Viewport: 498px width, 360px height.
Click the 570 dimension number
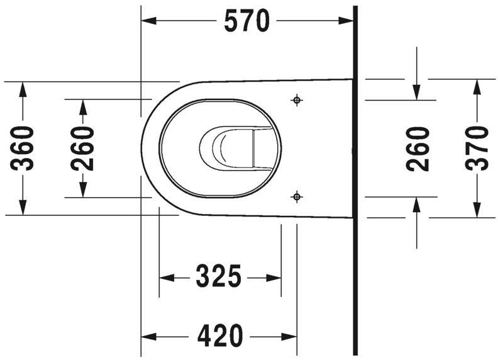(x=246, y=21)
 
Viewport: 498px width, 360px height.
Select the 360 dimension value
(x=22, y=148)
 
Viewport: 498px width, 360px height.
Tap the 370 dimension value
(x=477, y=148)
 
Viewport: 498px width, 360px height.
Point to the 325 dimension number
(x=219, y=276)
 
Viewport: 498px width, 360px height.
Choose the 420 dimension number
(x=220, y=336)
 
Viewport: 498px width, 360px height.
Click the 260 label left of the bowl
(x=82, y=148)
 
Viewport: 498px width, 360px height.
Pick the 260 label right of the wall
(x=418, y=149)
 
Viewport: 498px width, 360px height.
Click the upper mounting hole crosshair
(x=297, y=100)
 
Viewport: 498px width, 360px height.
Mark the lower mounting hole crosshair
(x=297, y=197)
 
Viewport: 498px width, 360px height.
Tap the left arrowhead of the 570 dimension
(x=148, y=21)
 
